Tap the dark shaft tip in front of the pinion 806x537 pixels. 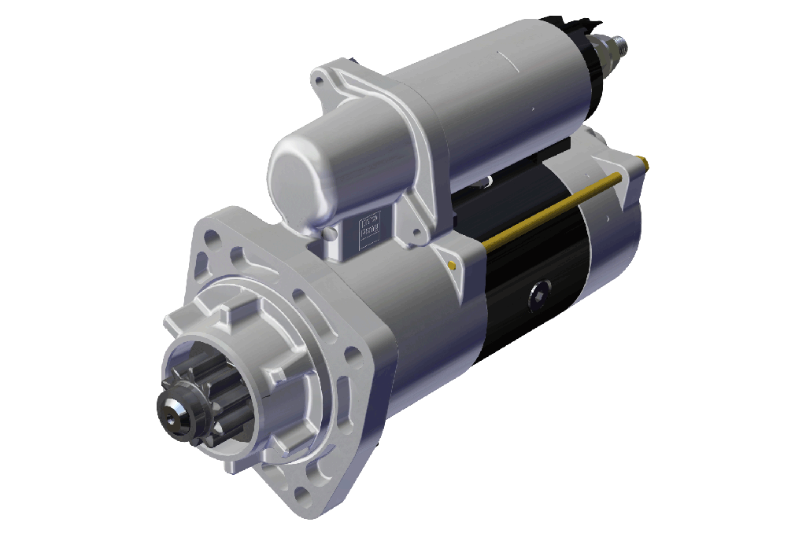pyautogui.click(x=174, y=411)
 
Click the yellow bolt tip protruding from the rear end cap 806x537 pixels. pyautogui.click(x=645, y=164)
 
